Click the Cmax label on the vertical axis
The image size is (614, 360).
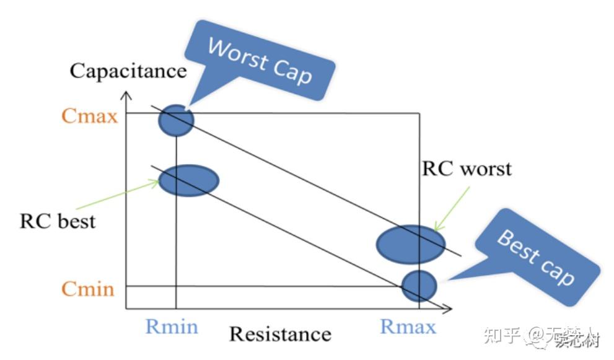click(x=89, y=115)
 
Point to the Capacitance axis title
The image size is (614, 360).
click(x=128, y=70)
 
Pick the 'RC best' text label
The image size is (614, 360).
click(x=58, y=221)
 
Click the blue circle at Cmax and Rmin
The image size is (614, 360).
click(x=176, y=120)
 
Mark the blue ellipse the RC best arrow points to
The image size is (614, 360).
click(x=189, y=180)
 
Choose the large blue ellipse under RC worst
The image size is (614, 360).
click(x=410, y=242)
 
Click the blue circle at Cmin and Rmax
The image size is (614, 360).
click(x=419, y=285)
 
